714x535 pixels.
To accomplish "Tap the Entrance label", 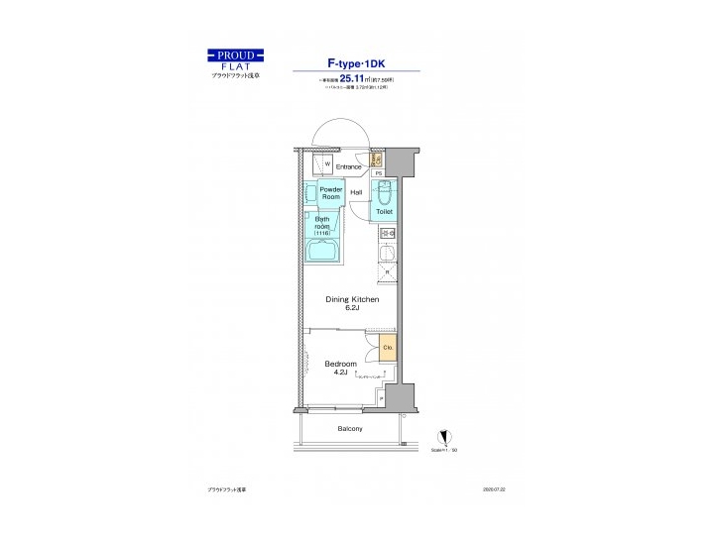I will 348,166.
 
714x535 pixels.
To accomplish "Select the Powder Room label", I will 330,192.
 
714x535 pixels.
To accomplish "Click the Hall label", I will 356,192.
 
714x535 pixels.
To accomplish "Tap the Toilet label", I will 385,211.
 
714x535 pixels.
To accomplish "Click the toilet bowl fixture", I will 385,191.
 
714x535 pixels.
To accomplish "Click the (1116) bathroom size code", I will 322,232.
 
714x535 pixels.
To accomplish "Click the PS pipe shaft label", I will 378,174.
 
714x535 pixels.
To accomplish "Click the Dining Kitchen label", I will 352,298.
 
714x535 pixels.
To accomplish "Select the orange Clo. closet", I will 388,348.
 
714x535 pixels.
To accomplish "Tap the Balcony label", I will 349,428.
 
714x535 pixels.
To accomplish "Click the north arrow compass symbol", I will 445,436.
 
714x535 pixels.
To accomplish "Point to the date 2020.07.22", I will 493,489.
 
